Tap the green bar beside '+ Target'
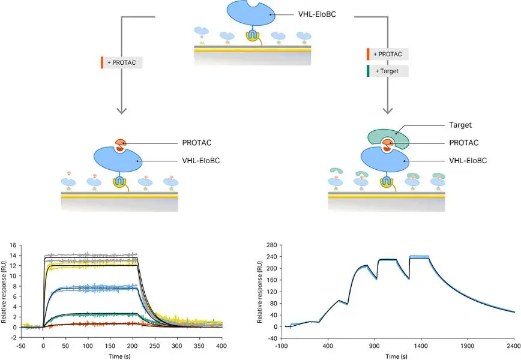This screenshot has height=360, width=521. tap(367, 71)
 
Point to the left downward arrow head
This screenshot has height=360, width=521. tap(122, 109)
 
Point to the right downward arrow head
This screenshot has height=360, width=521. tap(388, 109)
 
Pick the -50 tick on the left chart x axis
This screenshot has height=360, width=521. tap(21, 346)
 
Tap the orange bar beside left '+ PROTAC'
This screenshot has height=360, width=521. tap(102, 62)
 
